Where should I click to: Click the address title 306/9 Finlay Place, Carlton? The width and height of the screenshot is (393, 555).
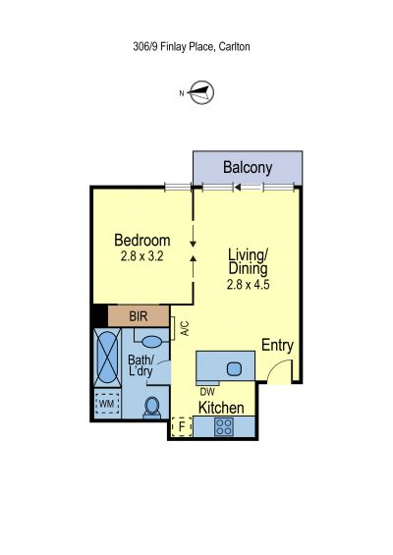point(192,47)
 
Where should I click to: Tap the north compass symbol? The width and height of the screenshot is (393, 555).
point(201,92)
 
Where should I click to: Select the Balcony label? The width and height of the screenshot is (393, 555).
point(248,168)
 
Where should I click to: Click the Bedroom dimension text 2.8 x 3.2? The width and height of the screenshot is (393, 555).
point(141,256)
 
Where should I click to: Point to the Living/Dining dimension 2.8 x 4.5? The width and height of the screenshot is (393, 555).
point(248,284)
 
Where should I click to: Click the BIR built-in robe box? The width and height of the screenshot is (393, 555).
point(139,316)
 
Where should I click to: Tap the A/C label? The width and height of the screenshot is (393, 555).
point(185,328)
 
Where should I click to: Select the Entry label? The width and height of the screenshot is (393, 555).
point(277,346)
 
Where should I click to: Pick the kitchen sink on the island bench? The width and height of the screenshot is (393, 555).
point(235,369)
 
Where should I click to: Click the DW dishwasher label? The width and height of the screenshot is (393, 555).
point(207,392)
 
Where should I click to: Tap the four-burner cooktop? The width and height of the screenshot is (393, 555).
point(224,426)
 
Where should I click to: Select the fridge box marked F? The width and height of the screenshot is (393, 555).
point(182,427)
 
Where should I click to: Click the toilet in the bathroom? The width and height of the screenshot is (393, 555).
point(152,408)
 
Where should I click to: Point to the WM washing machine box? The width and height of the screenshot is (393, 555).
point(107,404)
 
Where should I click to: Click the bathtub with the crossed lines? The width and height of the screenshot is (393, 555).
point(107,356)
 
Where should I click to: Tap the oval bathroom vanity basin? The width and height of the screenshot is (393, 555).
point(151,342)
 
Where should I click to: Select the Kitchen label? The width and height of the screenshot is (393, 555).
point(221,408)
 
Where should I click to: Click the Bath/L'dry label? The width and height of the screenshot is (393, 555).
point(140,365)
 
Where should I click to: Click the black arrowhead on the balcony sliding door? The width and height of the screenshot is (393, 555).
point(238,187)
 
